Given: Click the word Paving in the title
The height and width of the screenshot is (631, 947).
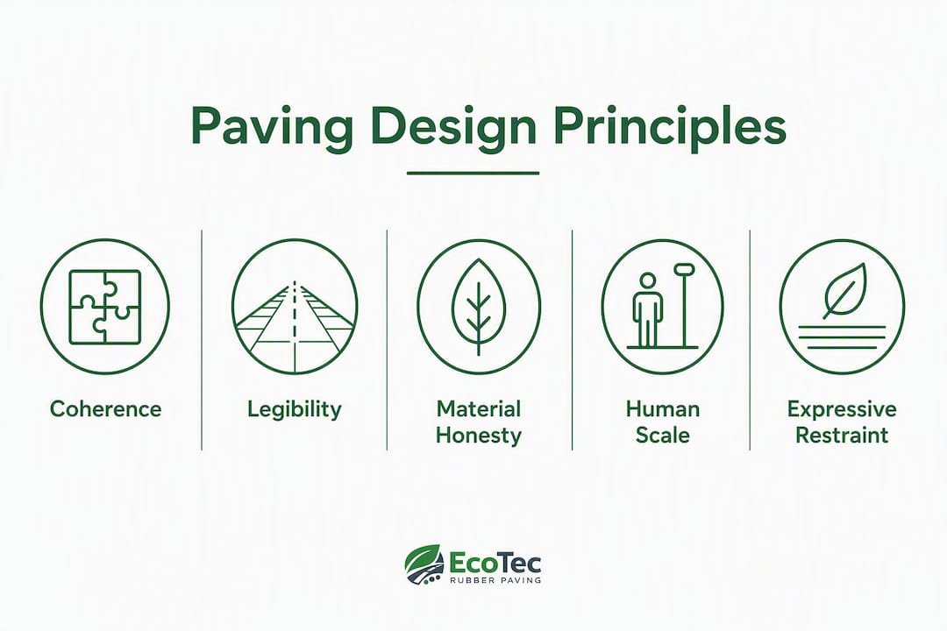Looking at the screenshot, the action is click(x=271, y=127).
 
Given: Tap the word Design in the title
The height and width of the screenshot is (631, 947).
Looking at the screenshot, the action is click(x=454, y=127).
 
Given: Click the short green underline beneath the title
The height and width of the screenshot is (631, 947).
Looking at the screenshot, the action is click(x=473, y=174).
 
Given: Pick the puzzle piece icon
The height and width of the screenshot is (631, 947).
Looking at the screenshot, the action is click(x=105, y=307).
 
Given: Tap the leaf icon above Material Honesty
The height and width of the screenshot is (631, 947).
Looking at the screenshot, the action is click(x=479, y=307).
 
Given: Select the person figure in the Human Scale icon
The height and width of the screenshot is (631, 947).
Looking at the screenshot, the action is click(x=647, y=310).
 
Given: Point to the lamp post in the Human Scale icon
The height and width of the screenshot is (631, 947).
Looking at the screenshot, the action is click(x=684, y=306).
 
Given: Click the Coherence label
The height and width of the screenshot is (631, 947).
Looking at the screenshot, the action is click(x=106, y=408).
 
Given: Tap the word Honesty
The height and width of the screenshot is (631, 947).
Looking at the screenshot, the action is click(x=479, y=436).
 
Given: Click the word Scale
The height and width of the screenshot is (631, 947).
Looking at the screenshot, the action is click(x=663, y=435).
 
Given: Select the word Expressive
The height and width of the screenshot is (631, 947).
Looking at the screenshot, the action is click(x=841, y=409).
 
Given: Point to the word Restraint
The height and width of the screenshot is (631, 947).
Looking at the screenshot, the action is click(x=841, y=435).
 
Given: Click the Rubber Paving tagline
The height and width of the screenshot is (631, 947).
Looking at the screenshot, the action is click(x=495, y=580).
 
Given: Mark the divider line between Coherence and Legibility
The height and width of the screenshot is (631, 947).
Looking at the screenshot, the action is click(x=202, y=340).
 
